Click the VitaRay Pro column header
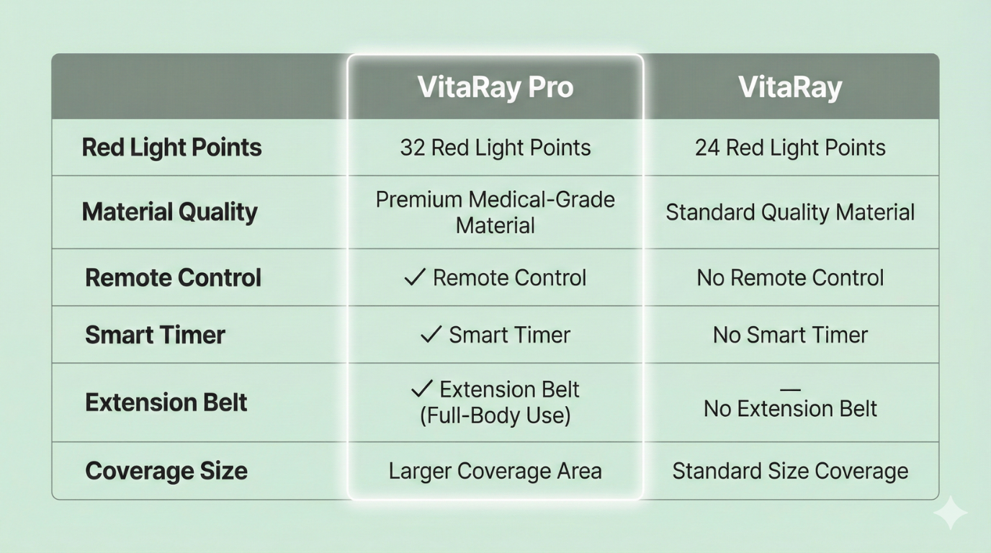[x=495, y=87]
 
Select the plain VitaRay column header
[x=790, y=87]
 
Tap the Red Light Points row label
[x=171, y=148]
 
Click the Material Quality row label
[x=169, y=212]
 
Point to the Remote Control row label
[x=173, y=278]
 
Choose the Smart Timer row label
[x=155, y=335]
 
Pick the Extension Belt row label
[x=166, y=403]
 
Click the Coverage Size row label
[x=166, y=471]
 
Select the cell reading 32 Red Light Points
[x=495, y=148]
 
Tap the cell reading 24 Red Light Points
[x=790, y=148]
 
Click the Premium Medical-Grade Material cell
[x=495, y=212]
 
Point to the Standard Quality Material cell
[x=790, y=212]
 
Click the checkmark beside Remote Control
[x=415, y=277]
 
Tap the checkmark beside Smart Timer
[x=431, y=334]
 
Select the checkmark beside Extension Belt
[x=421, y=388]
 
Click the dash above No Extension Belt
[x=790, y=390]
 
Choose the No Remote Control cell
[x=790, y=278]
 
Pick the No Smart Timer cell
[x=790, y=335]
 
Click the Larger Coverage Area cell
[x=495, y=471]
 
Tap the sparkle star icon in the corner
[x=950, y=513]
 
